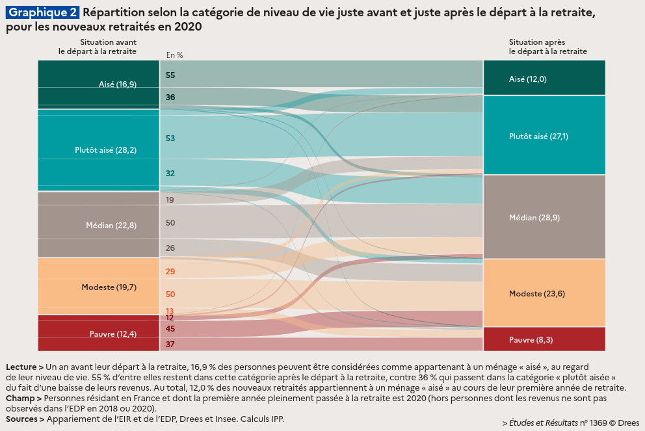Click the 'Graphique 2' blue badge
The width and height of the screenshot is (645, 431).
coord(43,12)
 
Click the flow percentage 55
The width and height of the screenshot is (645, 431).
coord(170,75)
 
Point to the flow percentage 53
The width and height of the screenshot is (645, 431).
coord(170,138)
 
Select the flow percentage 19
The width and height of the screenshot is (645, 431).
coord(170,200)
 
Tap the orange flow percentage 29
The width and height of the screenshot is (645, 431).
coord(170,272)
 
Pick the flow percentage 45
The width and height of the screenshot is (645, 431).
coord(170,329)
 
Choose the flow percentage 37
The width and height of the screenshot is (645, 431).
coord(170,344)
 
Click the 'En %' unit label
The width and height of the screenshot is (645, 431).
coord(175,55)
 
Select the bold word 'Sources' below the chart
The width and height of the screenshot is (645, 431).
coord(22,419)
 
